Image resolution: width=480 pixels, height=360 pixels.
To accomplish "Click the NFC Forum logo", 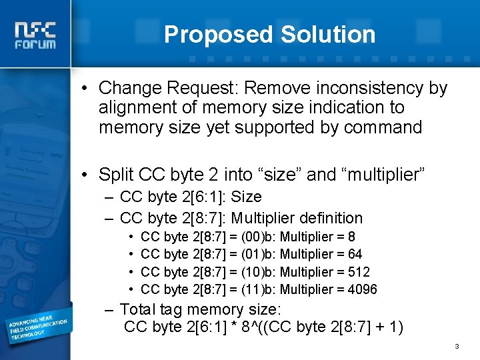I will click(x=36, y=35).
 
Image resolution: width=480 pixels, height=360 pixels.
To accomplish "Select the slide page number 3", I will click(x=457, y=347).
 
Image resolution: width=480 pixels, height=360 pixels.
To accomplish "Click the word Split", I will click(x=116, y=175).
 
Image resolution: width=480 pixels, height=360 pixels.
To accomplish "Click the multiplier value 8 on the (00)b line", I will click(x=351, y=237).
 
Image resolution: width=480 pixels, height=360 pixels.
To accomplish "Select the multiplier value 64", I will click(x=355, y=254).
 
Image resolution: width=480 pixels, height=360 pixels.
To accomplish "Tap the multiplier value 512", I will click(x=359, y=272).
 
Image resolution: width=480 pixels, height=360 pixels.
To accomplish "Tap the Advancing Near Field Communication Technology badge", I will click(x=38, y=325).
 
